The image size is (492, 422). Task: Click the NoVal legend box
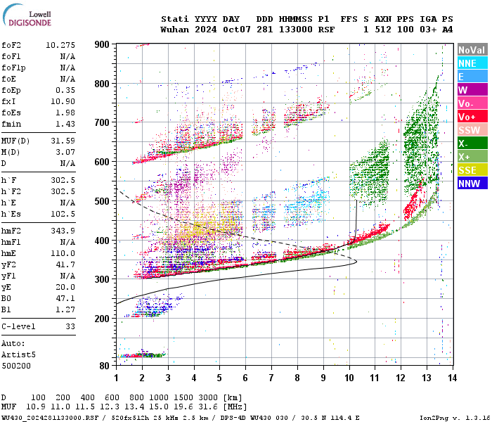(472, 50)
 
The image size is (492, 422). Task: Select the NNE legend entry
(472, 63)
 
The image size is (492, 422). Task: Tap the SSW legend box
(472, 130)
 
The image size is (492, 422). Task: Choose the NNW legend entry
(472, 184)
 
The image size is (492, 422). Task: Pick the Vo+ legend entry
(472, 117)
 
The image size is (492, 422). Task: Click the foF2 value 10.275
(60, 45)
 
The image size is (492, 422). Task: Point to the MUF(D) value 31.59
(63, 140)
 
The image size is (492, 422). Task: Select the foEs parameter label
(11, 113)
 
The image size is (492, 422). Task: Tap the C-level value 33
(70, 326)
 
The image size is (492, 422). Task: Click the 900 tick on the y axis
(102, 44)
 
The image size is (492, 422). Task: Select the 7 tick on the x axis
(271, 378)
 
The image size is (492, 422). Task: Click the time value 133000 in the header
(294, 30)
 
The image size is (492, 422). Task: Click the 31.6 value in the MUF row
(209, 407)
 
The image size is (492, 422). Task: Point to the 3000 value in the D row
(209, 397)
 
